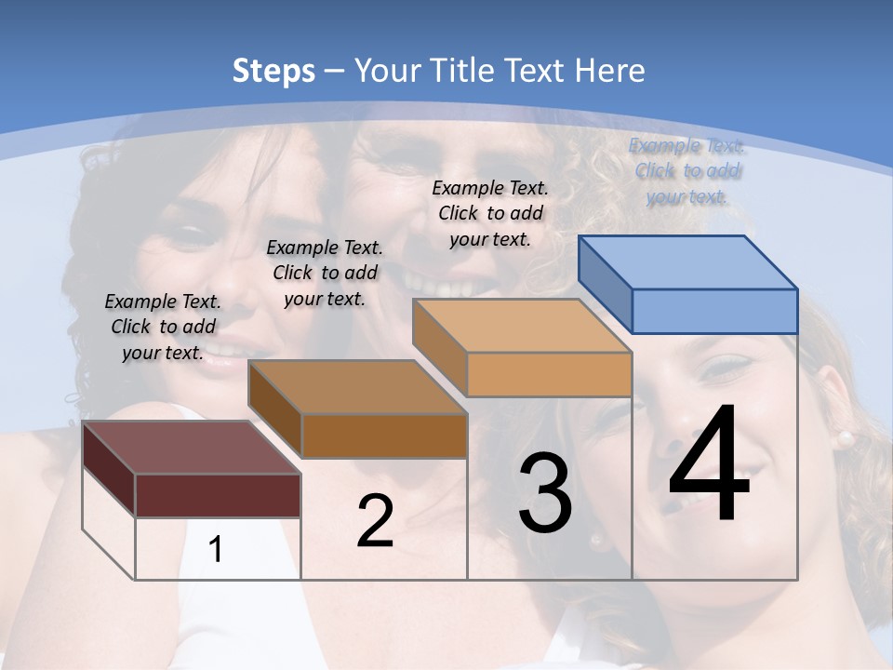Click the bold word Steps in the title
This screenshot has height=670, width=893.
pyautogui.click(x=273, y=71)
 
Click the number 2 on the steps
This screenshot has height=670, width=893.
pyautogui.click(x=375, y=522)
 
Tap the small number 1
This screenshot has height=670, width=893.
pyautogui.click(x=216, y=550)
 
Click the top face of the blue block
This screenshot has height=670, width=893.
pyautogui.click(x=687, y=262)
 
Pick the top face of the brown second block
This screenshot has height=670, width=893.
pyautogui.click(x=357, y=387)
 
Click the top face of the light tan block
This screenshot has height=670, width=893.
pyautogui.click(x=522, y=326)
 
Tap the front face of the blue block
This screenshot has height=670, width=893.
pyautogui.click(x=714, y=311)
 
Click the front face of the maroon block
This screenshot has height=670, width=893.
pyautogui.click(x=218, y=495)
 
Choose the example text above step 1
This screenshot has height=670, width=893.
pyautogui.click(x=163, y=328)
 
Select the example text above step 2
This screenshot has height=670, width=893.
pyautogui.click(x=325, y=274)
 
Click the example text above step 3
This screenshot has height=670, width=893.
pyautogui.click(x=490, y=213)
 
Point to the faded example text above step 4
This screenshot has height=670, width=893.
pyautogui.click(x=687, y=171)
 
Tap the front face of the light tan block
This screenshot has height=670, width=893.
pyautogui.click(x=549, y=375)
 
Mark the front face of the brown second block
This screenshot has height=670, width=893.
pyautogui.click(x=384, y=435)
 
